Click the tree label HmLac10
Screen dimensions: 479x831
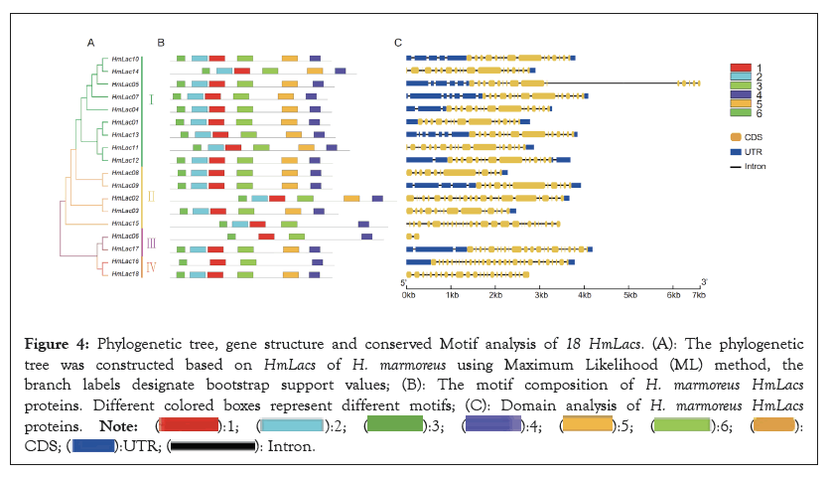[125, 59]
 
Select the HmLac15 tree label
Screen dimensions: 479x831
[125, 224]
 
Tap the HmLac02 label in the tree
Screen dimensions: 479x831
[125, 198]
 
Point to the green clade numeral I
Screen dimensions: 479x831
[151, 98]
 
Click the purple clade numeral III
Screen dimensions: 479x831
[151, 242]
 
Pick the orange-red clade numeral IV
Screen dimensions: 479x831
[151, 266]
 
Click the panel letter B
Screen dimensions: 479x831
[161, 42]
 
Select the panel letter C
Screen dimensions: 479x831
[398, 42]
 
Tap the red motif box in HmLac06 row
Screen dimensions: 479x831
[266, 237]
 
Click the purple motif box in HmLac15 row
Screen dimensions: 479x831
[363, 224]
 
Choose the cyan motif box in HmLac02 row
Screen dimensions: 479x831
[260, 198]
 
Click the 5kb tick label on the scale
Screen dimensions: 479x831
[629, 295]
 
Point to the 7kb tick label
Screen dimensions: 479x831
[698, 295]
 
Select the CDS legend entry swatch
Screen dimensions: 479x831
[737, 136]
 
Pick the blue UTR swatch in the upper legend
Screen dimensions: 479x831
[737, 151]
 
